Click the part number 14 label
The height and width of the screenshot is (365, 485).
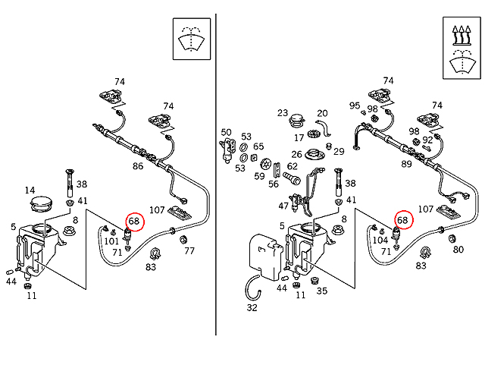[x=30, y=190]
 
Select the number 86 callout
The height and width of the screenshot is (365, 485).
[x=138, y=166]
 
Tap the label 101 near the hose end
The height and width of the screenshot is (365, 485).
[x=111, y=241]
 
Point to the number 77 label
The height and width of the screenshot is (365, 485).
[x=189, y=250]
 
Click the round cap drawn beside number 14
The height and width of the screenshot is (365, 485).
[x=41, y=203]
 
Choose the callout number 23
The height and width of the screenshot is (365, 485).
[x=283, y=113]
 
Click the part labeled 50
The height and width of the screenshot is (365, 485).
[x=227, y=150]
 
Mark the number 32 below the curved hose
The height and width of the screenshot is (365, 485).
[x=252, y=307]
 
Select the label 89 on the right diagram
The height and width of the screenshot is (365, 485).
[x=406, y=164]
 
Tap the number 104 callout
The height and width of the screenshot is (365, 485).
[x=380, y=240]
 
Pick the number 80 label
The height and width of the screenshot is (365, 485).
[x=458, y=250]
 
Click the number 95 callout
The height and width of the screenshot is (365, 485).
[x=355, y=105]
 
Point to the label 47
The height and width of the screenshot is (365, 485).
[x=283, y=206]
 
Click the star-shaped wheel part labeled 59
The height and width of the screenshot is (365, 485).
[x=266, y=163]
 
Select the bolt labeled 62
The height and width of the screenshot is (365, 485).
[x=292, y=178]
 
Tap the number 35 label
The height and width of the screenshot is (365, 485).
[x=322, y=291]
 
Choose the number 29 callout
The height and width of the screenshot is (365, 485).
[x=339, y=152]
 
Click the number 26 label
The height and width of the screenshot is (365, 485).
[x=296, y=154]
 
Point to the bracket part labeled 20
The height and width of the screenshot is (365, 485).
[x=324, y=127]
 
